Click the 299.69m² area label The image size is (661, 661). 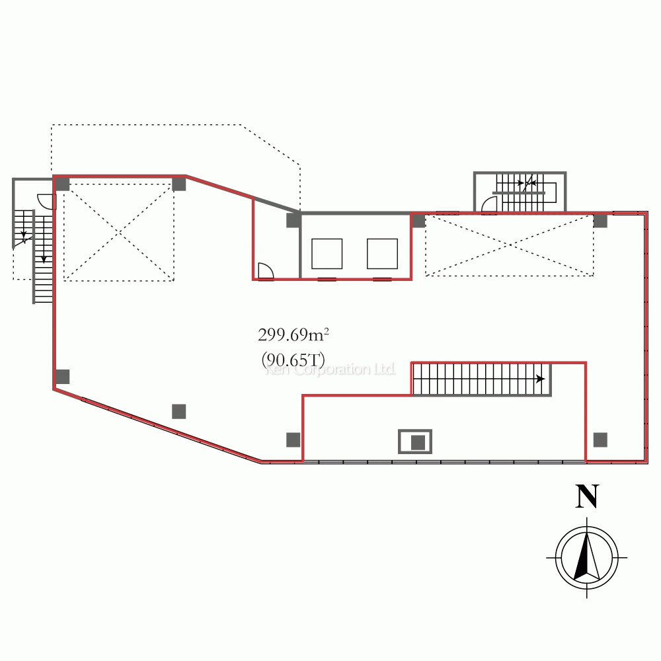pos(293,335)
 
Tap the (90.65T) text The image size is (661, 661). pos(293,360)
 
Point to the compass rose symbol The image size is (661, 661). pos(587,557)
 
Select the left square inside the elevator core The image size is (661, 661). pos(327,254)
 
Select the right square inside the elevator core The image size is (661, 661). pos(382,254)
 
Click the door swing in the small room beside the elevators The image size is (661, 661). pos(266,270)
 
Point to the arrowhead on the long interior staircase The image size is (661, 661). pos(540,379)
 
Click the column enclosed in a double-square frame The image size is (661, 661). pos(415,442)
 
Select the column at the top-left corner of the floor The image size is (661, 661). pos(63,184)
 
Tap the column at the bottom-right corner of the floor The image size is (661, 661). pos(600,440)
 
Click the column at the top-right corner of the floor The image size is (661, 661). pos(600,221)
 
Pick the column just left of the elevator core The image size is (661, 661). pos(293,221)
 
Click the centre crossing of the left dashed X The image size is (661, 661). pos(119,232)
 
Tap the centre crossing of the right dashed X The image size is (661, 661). pos(510,245)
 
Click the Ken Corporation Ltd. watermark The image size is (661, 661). pos(330,369)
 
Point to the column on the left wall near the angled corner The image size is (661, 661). pos(63,377)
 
